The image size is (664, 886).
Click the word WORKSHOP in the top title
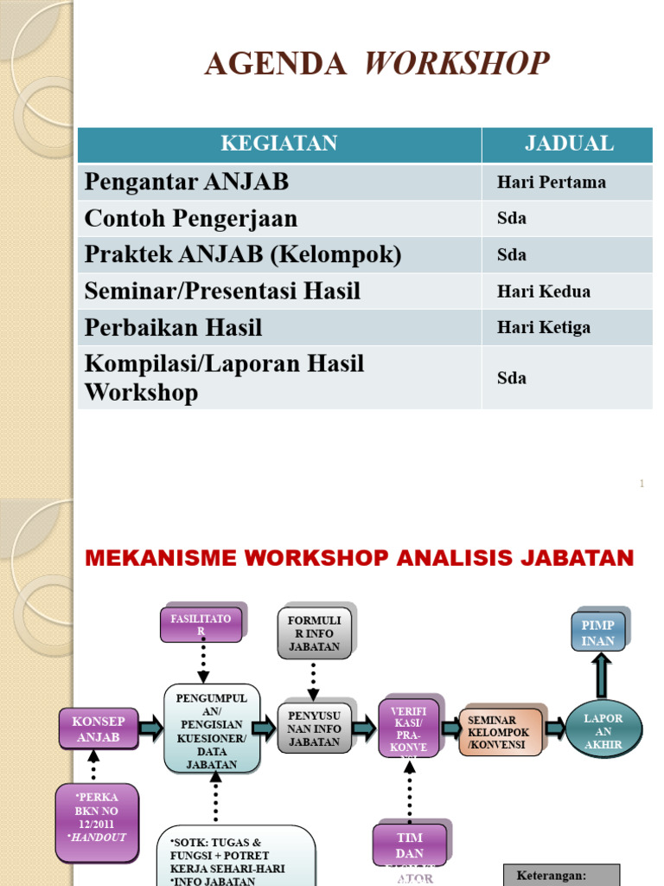click(x=457, y=64)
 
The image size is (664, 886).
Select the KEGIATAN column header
click(x=278, y=144)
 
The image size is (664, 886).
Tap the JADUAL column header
click(x=568, y=144)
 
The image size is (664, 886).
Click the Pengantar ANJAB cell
click(x=186, y=183)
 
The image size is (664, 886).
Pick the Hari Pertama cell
click(x=551, y=183)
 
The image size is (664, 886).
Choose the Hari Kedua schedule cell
click(x=543, y=292)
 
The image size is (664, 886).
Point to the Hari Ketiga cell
click(x=543, y=328)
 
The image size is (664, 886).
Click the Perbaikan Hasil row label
click(x=173, y=328)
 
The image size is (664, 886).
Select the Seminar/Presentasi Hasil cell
click(x=222, y=292)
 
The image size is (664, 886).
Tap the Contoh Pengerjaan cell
click(x=190, y=219)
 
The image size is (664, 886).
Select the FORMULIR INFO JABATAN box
click(x=314, y=634)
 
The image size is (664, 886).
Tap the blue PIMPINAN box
click(x=597, y=632)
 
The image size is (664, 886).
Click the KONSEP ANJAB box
click(x=98, y=729)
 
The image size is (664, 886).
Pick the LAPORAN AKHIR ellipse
click(x=603, y=731)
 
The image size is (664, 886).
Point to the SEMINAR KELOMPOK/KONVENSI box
click(x=501, y=732)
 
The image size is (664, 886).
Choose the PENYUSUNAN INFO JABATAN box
click(x=314, y=729)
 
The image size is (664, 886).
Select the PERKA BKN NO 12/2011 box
click(x=97, y=821)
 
